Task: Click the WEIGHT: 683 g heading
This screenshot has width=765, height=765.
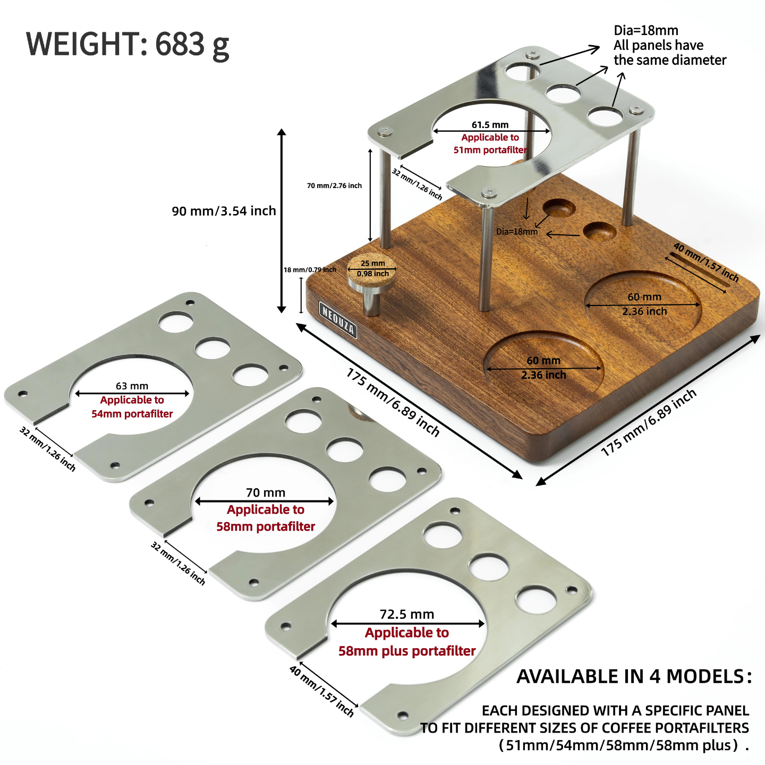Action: pos(127,45)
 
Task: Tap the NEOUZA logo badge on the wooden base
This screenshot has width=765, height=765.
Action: pos(338,319)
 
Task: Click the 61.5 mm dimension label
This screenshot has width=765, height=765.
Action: pos(490,125)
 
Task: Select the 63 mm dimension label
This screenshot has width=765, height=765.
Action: pos(132,386)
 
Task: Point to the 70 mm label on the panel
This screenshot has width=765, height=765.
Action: pos(266,492)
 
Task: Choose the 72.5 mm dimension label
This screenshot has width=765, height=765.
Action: pos(407,614)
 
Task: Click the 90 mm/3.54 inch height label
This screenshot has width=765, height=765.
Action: pos(224,211)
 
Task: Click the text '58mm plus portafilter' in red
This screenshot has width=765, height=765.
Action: pos(407,651)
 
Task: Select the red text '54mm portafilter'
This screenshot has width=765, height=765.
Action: pos(132,414)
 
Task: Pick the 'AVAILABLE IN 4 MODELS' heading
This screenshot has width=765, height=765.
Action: pos(634,676)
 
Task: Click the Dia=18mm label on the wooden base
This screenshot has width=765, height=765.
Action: pos(516,232)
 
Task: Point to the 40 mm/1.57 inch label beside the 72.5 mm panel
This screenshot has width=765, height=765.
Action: pos(321,691)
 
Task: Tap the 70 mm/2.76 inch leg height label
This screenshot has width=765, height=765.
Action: pos(334,185)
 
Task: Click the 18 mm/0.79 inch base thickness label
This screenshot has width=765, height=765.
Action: pos(310,270)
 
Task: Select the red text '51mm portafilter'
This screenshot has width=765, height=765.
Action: pos(490,150)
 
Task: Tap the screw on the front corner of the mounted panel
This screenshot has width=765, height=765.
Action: pos(488,192)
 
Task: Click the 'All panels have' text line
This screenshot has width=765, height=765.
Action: pos(658,45)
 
